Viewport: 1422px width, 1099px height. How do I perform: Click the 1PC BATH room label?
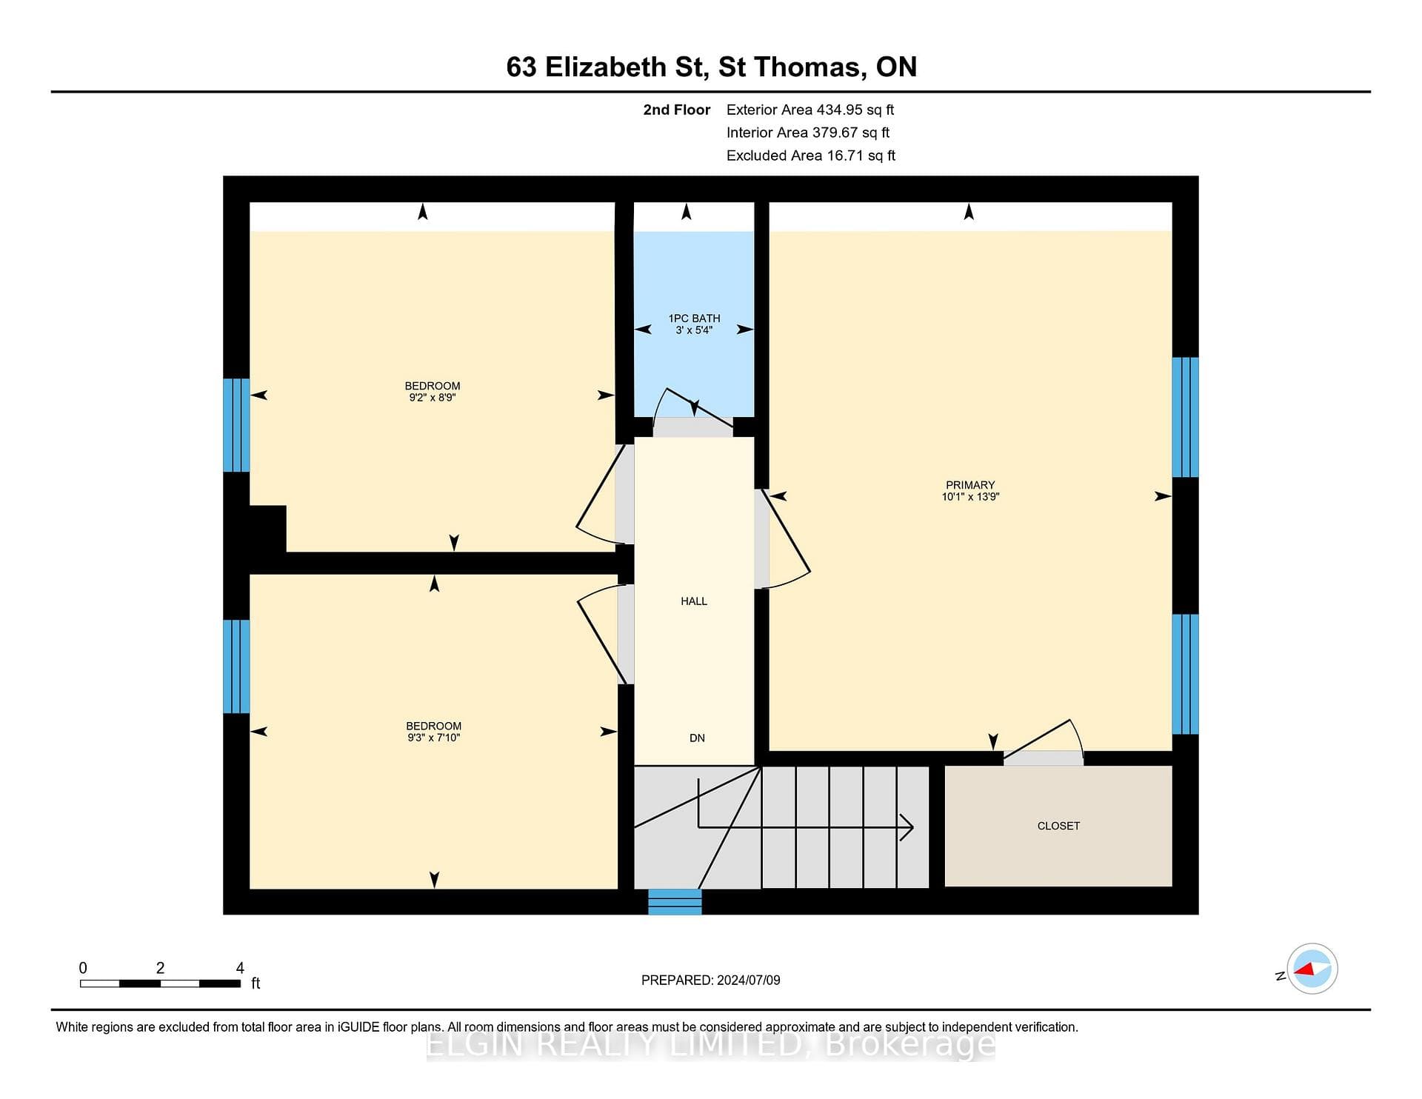click(x=694, y=318)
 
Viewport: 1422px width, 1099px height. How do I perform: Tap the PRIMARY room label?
click(x=970, y=485)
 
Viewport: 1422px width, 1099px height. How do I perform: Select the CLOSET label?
click(x=1058, y=826)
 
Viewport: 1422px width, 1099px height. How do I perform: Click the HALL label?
click(x=694, y=601)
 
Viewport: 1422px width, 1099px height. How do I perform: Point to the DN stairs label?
click(x=697, y=738)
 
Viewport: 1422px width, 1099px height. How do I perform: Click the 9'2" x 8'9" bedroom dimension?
click(x=433, y=398)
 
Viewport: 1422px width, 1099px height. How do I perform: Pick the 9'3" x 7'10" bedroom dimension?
click(x=434, y=738)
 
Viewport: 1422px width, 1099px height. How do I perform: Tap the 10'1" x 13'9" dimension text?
click(x=970, y=497)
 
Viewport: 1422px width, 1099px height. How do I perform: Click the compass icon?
click(x=1312, y=969)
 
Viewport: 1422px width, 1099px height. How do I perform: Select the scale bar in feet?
click(x=161, y=983)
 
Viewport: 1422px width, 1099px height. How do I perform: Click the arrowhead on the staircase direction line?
click(x=907, y=827)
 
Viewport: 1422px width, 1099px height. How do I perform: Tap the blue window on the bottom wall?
click(x=675, y=901)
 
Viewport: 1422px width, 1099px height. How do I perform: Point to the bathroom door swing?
click(x=692, y=406)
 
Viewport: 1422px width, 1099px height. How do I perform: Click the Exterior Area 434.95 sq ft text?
click(x=810, y=110)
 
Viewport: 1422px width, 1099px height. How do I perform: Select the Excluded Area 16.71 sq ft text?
click(x=811, y=156)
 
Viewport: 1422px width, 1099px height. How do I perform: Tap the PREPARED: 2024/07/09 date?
click(x=711, y=980)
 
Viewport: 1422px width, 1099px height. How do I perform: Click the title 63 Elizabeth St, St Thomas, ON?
click(x=712, y=67)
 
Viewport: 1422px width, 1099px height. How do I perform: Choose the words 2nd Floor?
click(x=677, y=110)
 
